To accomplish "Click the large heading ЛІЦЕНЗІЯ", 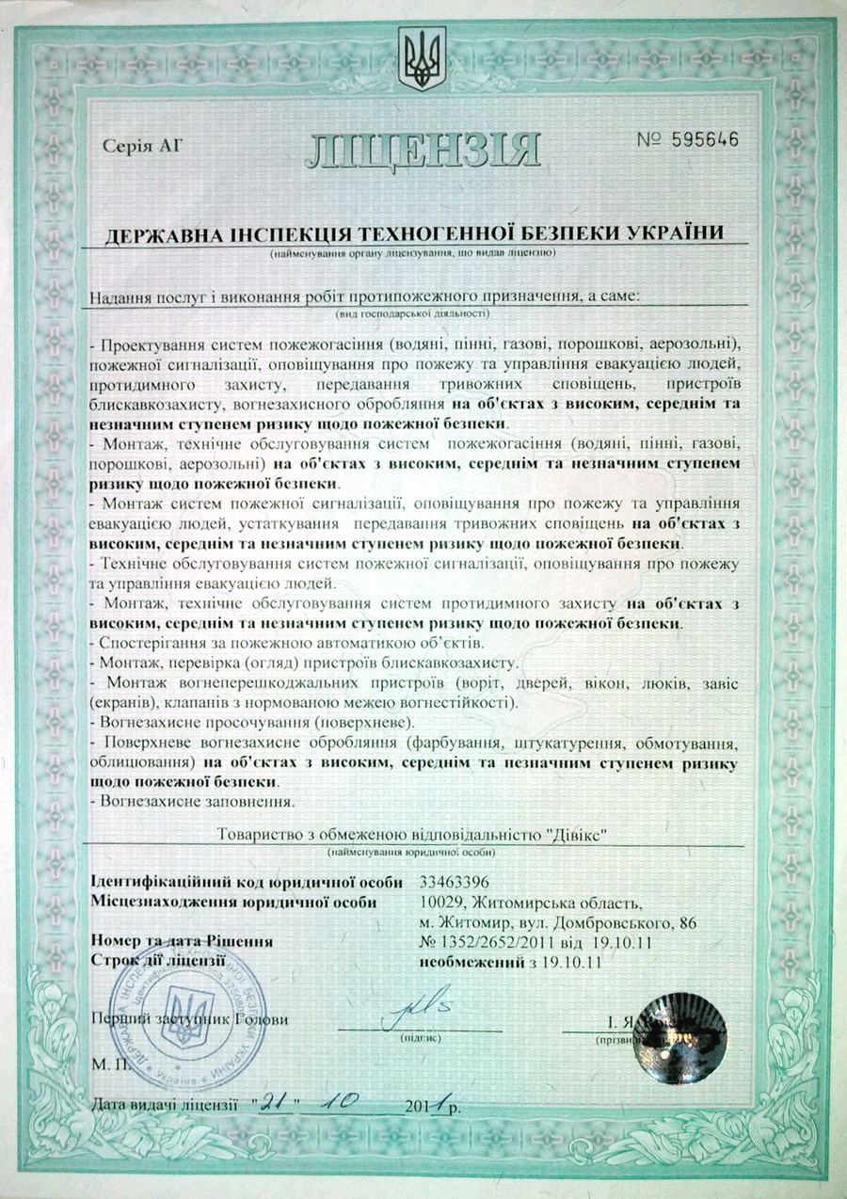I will click(423, 150).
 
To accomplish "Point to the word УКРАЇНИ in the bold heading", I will click(673, 232).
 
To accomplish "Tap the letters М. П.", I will click(109, 1063).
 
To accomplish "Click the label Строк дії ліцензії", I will click(158, 962).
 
